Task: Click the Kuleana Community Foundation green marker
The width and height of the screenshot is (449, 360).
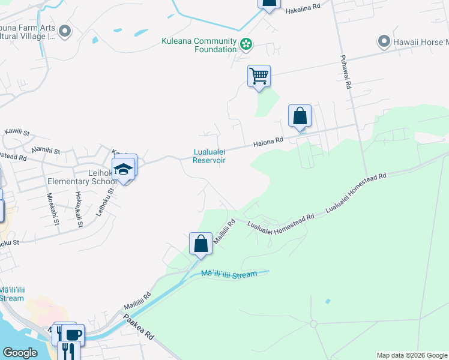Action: click(x=246, y=43)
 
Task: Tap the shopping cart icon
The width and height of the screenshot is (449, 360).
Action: click(x=259, y=76)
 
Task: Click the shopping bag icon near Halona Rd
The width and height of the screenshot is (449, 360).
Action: click(x=300, y=115)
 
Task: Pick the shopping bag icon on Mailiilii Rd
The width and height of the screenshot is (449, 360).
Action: click(x=200, y=244)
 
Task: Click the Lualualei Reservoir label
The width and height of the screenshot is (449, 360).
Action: click(x=209, y=156)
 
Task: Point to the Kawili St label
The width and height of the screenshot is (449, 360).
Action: click(x=16, y=131)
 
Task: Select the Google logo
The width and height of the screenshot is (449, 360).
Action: click(x=20, y=353)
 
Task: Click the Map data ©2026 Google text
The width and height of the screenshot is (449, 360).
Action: click(x=411, y=355)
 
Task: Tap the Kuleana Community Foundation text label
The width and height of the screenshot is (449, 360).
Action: click(x=199, y=45)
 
